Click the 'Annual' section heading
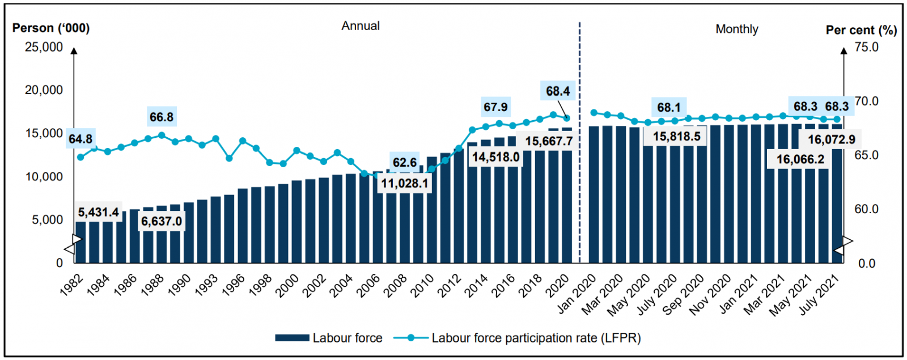click(x=361, y=26)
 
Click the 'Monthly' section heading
click(x=736, y=29)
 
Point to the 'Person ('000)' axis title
click(x=51, y=28)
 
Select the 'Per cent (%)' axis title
click(x=861, y=31)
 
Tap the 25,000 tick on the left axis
click(x=44, y=47)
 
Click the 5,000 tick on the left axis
click(x=47, y=220)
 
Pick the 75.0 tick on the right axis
click(x=866, y=47)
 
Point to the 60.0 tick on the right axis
click(x=866, y=209)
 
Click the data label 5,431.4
click(x=98, y=213)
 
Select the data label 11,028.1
click(x=404, y=184)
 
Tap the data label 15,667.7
click(x=548, y=141)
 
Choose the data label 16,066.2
click(x=800, y=160)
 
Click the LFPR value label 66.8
click(x=162, y=117)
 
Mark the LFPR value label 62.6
click(x=404, y=163)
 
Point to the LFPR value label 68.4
click(x=558, y=91)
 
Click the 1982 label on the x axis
click(x=72, y=285)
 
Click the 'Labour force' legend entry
click(x=329, y=338)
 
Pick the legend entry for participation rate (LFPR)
click(x=517, y=338)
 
